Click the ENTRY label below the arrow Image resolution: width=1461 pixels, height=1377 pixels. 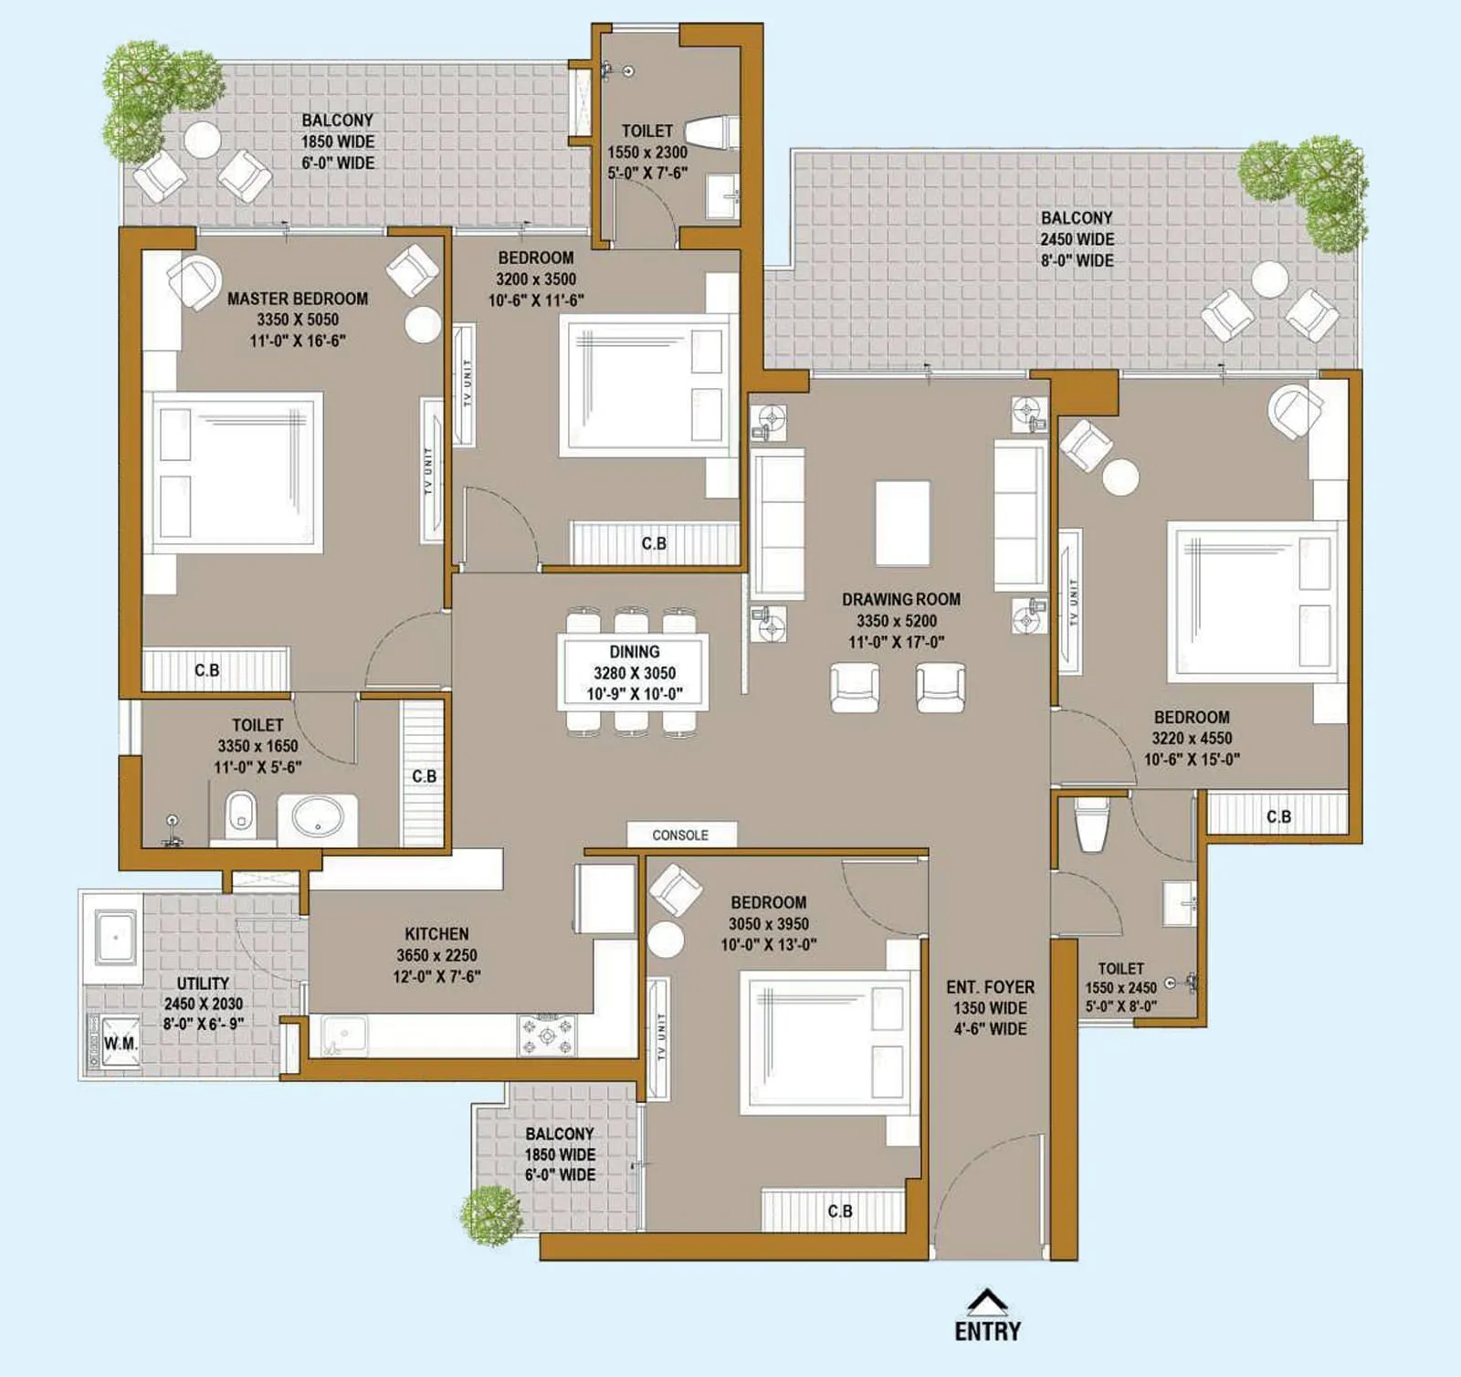987,1330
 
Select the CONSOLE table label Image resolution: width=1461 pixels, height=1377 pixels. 680,835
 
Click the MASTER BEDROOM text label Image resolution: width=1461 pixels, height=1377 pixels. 298,299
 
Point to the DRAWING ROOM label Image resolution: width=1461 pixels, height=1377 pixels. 900,599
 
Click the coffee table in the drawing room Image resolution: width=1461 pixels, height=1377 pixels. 902,523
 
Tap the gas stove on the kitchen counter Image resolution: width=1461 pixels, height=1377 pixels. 547,1035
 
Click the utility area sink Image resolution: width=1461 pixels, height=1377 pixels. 114,936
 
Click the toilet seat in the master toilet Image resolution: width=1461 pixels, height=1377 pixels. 240,812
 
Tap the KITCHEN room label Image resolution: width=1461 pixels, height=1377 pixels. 436,933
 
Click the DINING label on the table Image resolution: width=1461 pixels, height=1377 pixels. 634,652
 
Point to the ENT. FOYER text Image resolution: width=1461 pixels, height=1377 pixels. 990,987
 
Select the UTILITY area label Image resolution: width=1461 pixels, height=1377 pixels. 203,983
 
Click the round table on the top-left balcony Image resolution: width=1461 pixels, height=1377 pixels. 202,140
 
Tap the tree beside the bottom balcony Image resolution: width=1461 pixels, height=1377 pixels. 491,1214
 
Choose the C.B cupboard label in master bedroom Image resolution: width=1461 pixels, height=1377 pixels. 207,670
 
